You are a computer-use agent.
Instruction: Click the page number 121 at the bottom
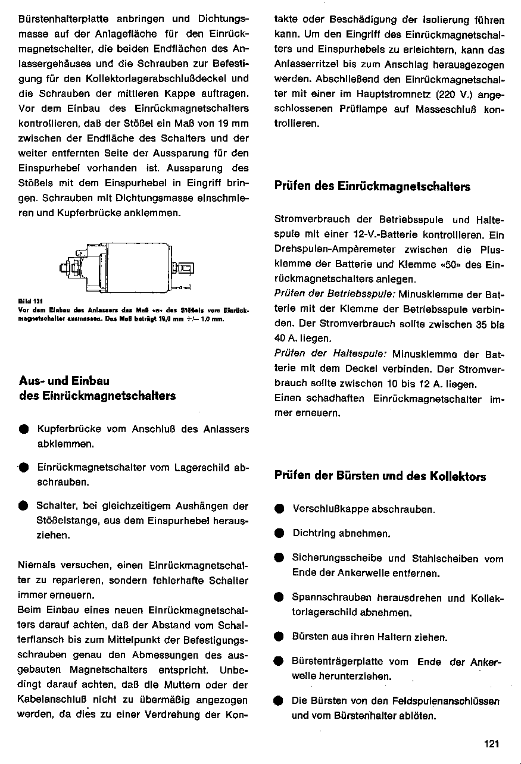pos(491,744)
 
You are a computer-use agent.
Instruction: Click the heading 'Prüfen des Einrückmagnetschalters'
pos(372,186)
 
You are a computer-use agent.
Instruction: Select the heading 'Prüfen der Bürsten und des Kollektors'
pos(380,476)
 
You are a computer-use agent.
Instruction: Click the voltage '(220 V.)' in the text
pos(454,94)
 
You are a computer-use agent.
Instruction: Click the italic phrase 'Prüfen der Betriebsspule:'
pos(335,294)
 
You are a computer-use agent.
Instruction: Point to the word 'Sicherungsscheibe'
pos(336,558)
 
